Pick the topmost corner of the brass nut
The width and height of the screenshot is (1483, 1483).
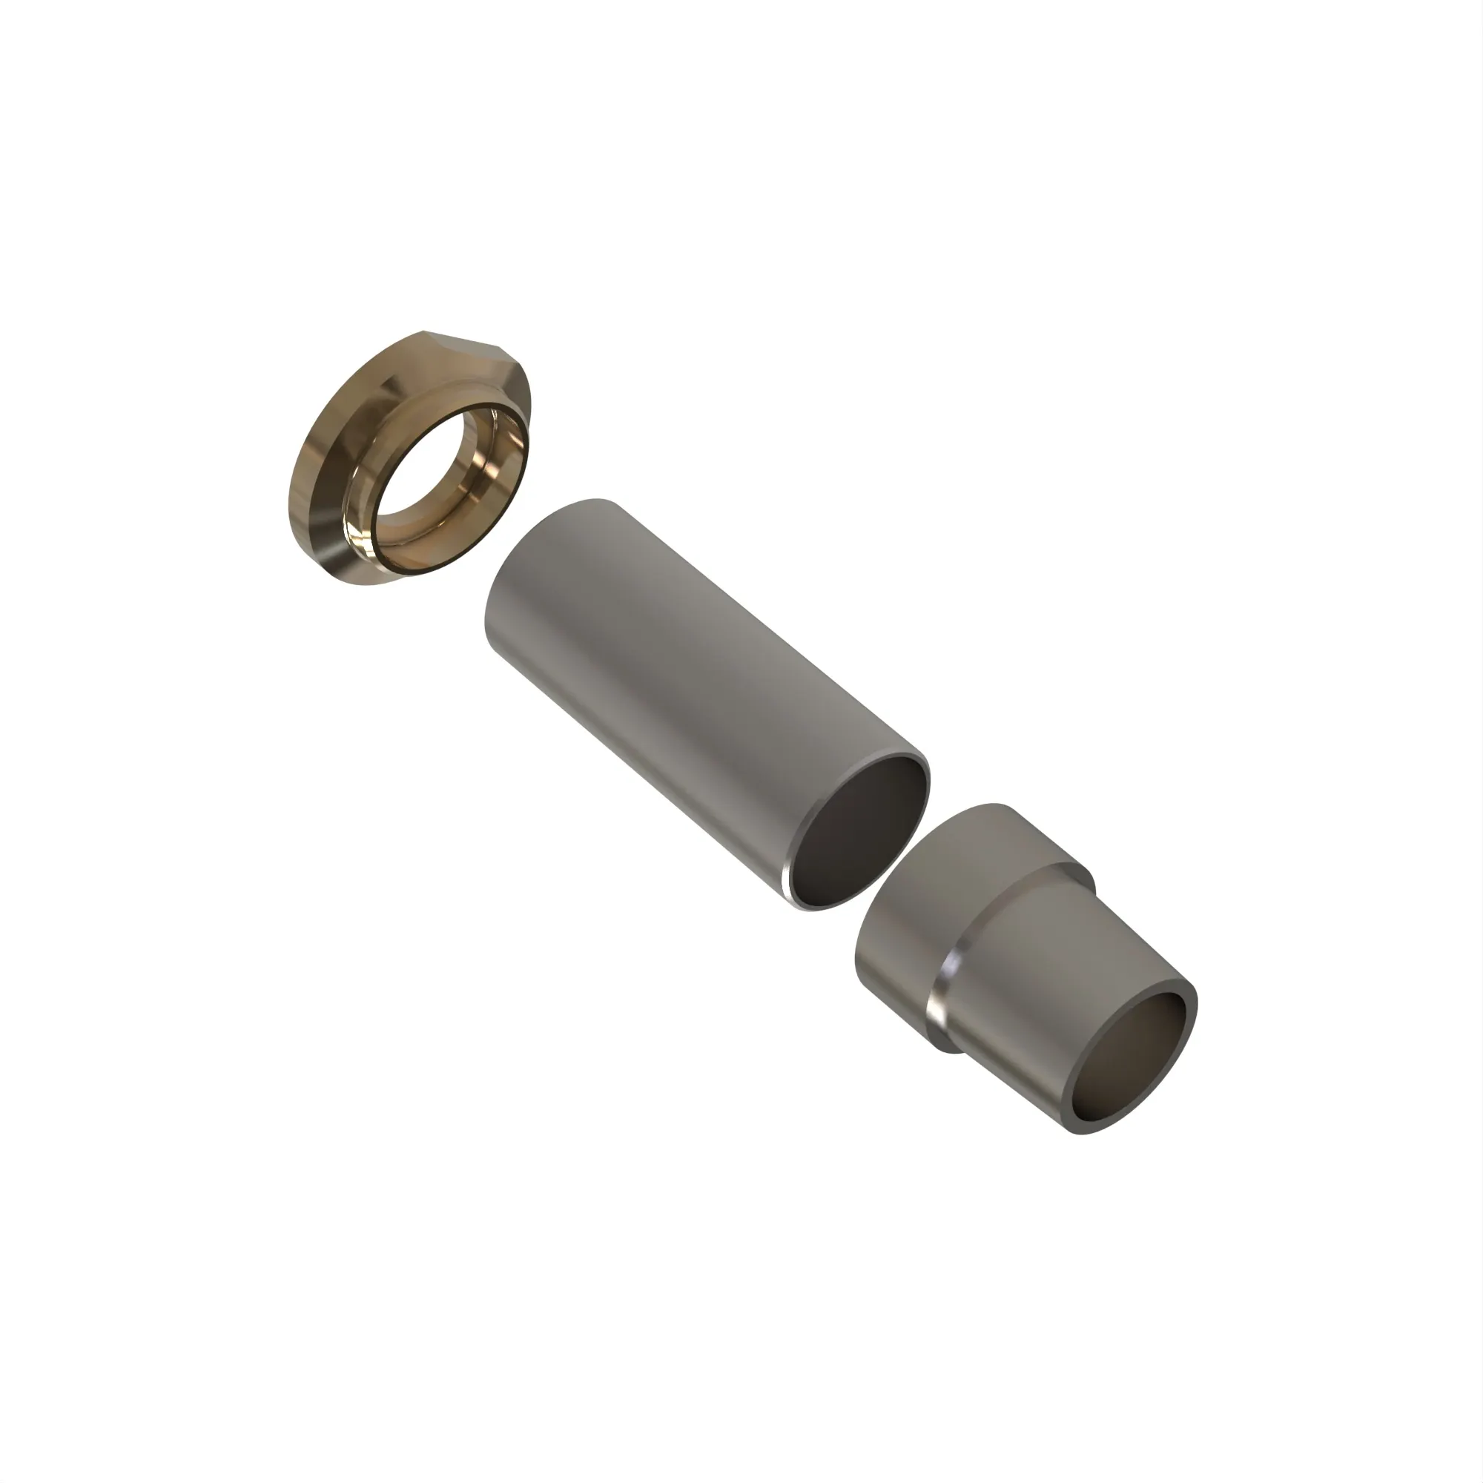pos(424,332)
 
